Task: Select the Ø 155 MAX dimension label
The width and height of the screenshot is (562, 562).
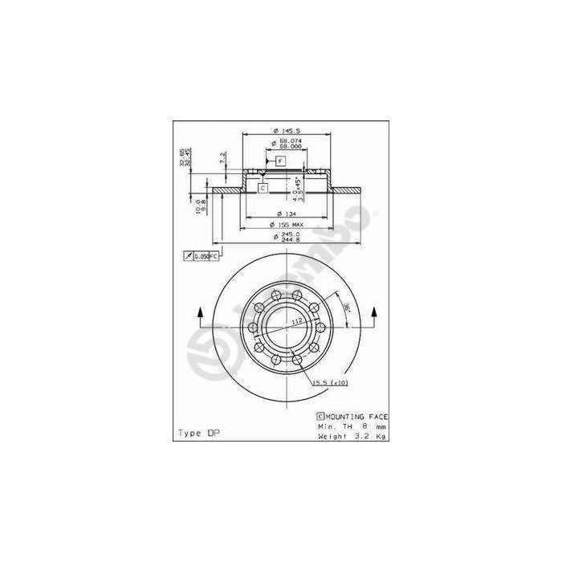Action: pos(286,225)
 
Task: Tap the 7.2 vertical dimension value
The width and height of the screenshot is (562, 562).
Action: pos(222,158)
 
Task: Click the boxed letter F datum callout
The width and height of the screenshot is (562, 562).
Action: pos(280,161)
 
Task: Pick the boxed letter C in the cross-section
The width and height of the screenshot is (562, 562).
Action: pos(263,188)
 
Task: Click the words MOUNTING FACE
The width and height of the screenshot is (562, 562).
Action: pos(356,417)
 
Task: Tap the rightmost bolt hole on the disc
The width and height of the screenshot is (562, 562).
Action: pos(318,328)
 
